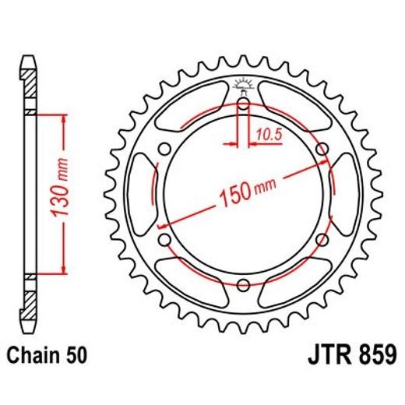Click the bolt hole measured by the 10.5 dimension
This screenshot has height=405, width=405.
pos(242,105)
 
